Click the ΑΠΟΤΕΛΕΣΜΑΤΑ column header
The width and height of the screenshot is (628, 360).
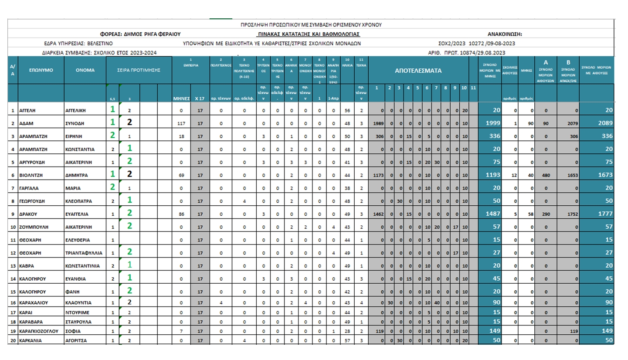tap(418, 70)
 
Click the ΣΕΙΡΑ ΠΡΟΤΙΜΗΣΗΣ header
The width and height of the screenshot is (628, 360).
tap(139, 70)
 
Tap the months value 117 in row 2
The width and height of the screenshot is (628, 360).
tap(182, 123)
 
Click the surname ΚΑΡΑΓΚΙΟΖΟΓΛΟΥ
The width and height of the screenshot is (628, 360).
tap(39, 331)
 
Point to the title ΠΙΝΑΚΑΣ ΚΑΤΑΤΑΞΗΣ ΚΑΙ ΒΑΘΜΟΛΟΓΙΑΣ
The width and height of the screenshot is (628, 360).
tap(309, 34)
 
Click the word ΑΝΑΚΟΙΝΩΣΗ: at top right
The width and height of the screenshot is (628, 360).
tap(505, 34)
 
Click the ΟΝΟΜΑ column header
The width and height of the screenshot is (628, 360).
tap(85, 70)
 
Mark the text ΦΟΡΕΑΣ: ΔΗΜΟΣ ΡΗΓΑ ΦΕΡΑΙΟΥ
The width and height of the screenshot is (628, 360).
tap(140, 34)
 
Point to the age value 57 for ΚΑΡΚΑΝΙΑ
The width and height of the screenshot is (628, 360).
tap(347, 340)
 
